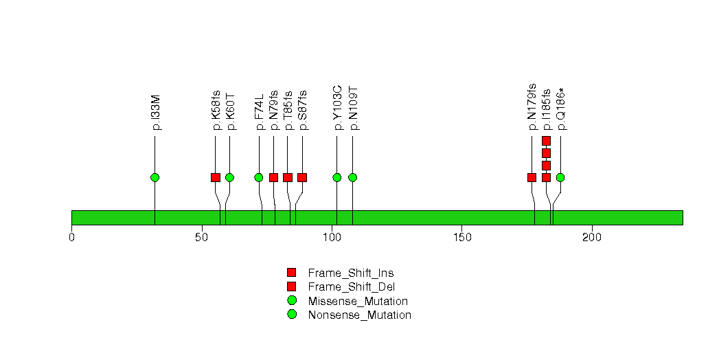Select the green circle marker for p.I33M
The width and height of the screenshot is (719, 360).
(x=155, y=177)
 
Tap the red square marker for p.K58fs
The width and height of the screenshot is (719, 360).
(x=215, y=177)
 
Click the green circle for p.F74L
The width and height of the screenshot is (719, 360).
(x=259, y=177)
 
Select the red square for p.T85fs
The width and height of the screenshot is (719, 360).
(x=288, y=177)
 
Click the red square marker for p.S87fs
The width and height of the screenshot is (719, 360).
(x=301, y=177)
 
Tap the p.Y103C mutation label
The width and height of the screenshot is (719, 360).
(x=337, y=108)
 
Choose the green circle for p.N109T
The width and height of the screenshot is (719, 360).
(x=352, y=177)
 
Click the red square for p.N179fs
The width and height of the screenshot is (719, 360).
(x=532, y=177)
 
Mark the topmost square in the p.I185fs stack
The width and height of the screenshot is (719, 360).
(x=546, y=141)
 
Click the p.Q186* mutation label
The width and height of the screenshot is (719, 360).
(x=561, y=109)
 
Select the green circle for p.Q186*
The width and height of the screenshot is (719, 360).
(x=560, y=177)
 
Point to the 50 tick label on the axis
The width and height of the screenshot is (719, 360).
(x=202, y=238)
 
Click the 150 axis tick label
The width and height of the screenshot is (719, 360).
(x=461, y=238)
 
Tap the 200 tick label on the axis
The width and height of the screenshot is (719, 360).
(x=591, y=238)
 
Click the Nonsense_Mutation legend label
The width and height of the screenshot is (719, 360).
(x=360, y=315)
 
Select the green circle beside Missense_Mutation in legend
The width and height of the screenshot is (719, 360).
(x=292, y=301)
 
